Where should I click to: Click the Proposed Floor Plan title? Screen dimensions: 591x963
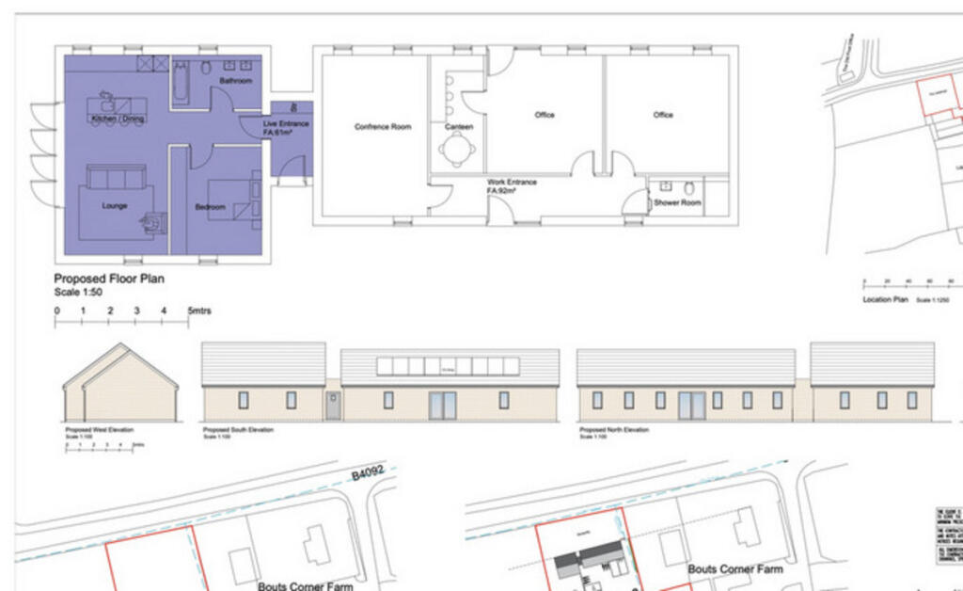click(109, 279)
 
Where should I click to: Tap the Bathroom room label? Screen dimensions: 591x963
click(236, 81)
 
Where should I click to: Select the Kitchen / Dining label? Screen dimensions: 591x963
click(118, 120)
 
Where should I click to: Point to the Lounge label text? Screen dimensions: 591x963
click(115, 205)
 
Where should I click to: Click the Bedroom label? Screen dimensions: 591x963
click(210, 207)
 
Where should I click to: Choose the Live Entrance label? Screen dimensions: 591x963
click(286, 124)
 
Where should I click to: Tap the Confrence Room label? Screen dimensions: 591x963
click(383, 126)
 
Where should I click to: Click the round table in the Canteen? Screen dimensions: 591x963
click(456, 149)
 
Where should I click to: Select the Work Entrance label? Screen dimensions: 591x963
click(512, 182)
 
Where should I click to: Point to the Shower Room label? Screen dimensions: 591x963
click(678, 202)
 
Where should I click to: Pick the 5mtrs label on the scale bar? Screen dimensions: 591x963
click(200, 311)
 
